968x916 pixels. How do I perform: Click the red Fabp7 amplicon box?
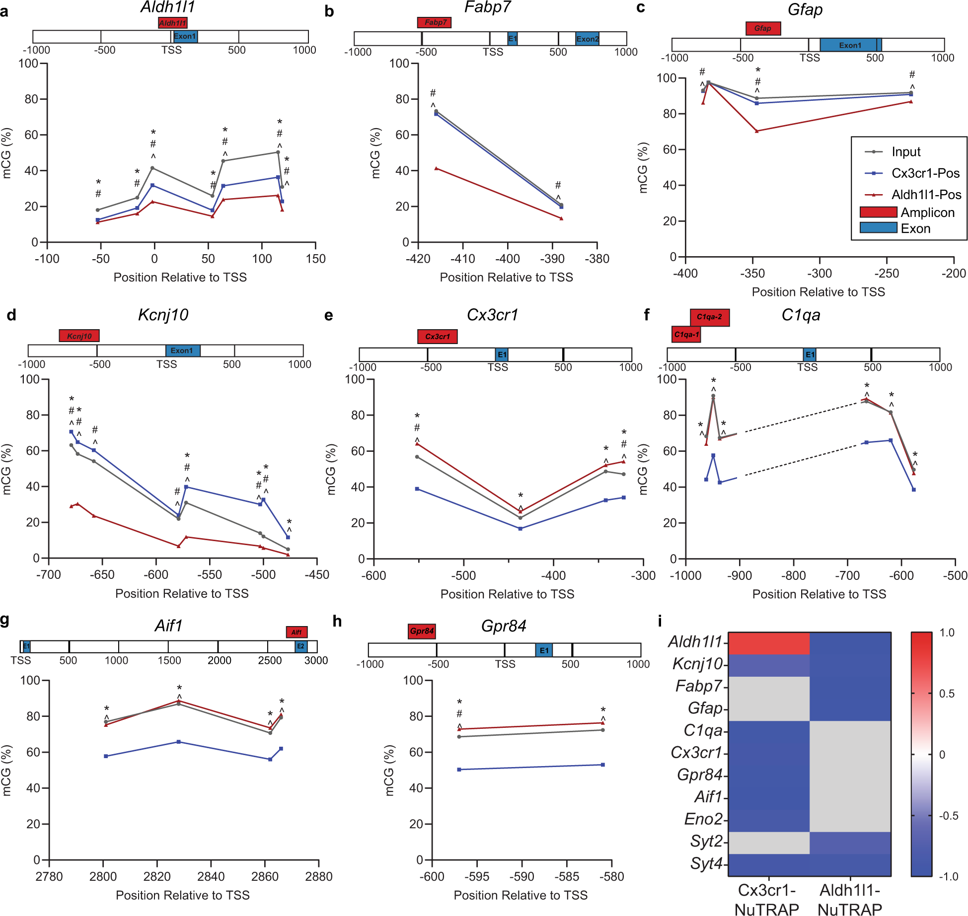[434, 22]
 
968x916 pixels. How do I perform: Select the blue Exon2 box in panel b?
[587, 39]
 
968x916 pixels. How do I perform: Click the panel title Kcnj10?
[163, 315]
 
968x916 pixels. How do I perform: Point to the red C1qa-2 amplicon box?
[709, 317]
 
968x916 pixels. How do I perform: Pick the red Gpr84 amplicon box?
[422, 631]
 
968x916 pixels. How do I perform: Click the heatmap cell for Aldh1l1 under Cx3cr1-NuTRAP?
[768, 643]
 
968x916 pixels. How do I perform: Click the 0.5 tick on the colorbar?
[947, 694]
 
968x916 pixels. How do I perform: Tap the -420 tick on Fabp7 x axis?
[418, 259]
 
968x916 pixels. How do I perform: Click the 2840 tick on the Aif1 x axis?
[211, 876]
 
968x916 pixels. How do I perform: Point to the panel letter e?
[328, 316]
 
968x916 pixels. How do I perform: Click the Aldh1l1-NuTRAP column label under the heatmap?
[850, 900]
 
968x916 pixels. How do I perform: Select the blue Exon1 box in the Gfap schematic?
[850, 45]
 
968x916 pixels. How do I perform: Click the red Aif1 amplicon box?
[297, 632]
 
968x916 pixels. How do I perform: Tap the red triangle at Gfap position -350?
[756, 131]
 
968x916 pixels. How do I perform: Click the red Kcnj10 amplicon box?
[79, 336]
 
